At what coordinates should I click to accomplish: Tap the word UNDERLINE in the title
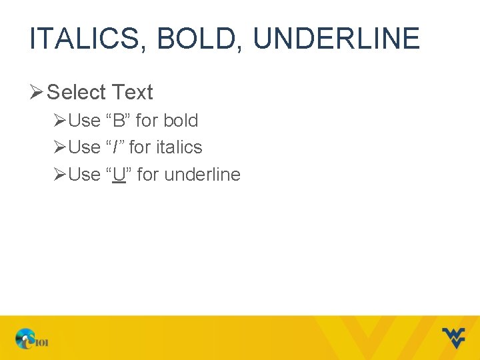pos(336,39)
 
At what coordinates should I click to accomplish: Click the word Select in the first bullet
pos(76,92)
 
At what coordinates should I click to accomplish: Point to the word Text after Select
pos(133,92)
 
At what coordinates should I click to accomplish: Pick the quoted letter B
pos(119,121)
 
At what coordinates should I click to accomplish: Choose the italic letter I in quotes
pos(115,147)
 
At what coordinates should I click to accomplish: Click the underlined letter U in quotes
pos(119,175)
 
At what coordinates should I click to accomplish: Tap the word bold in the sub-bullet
pos(181,121)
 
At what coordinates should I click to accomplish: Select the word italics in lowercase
pos(179,147)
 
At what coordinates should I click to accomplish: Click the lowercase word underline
pos(202,175)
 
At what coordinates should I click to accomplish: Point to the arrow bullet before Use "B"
pos(60,121)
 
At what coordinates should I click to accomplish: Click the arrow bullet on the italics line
pos(60,147)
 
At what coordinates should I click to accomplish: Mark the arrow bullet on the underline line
pos(60,175)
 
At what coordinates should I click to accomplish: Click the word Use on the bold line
pos(84,121)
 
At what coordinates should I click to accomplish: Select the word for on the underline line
pos(147,175)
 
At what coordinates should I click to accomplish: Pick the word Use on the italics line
pos(84,147)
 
